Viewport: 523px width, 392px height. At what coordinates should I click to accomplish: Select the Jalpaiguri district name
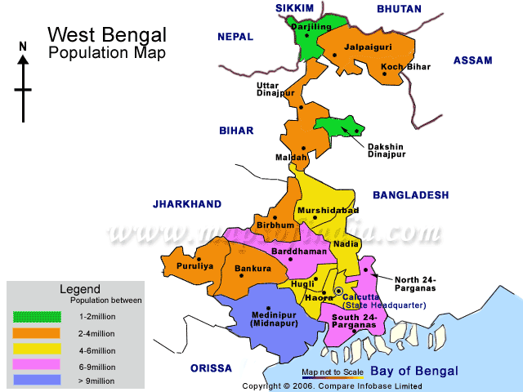[x=368, y=47]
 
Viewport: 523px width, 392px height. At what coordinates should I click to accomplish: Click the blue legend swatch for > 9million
[x=36, y=379]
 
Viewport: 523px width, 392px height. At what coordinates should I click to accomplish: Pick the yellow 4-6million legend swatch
[x=36, y=348]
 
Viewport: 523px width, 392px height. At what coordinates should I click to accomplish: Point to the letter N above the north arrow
[x=23, y=47]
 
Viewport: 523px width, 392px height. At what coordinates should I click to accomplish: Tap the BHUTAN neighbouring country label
[x=399, y=9]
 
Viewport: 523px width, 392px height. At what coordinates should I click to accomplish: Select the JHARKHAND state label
[x=187, y=203]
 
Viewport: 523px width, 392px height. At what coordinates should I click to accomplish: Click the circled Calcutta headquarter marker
[x=338, y=291]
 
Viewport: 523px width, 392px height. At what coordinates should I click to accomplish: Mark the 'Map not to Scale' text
[x=332, y=372]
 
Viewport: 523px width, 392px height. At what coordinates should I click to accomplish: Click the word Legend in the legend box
[x=80, y=289]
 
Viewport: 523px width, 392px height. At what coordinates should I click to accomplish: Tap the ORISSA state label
[x=211, y=368]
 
